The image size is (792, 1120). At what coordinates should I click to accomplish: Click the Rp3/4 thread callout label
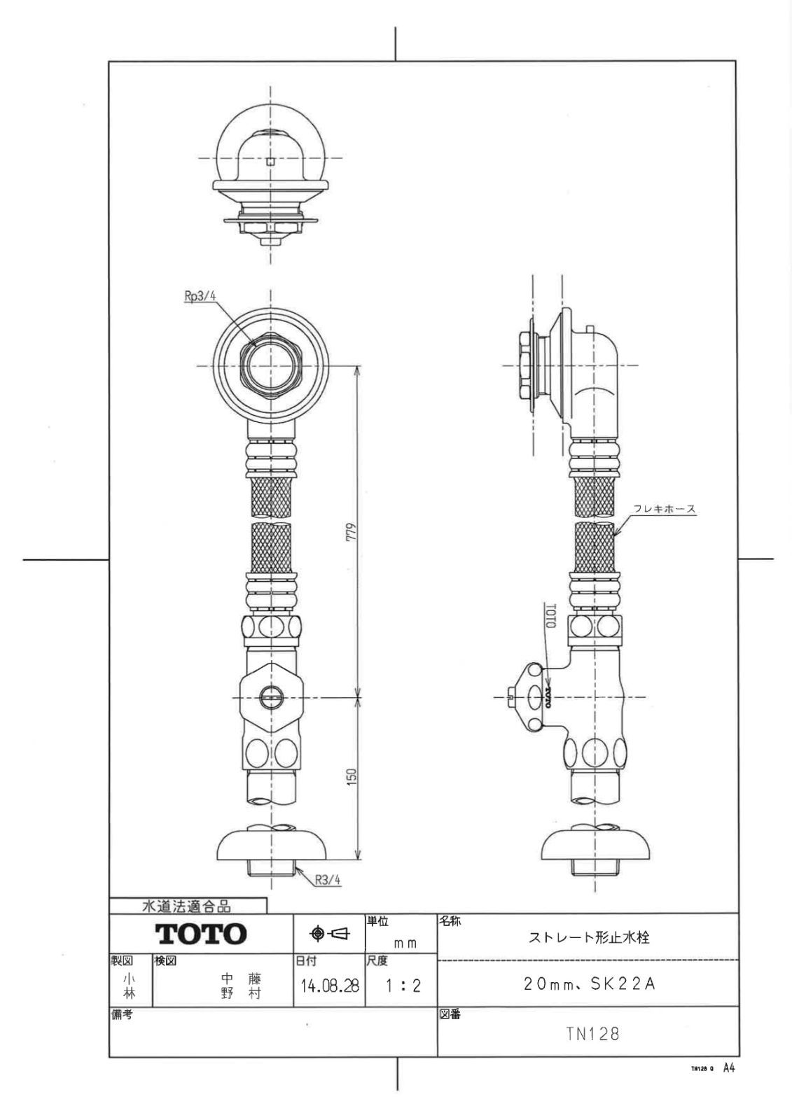point(200,297)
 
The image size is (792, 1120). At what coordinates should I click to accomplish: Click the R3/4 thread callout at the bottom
point(327,881)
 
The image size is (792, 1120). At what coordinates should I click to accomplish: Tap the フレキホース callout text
point(665,509)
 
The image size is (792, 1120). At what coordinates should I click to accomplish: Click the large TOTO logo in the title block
point(201,933)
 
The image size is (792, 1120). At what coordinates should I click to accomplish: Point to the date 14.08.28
point(330,986)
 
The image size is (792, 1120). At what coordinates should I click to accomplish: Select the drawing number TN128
point(592,1034)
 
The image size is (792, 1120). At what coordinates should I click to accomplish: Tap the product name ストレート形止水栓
point(589,937)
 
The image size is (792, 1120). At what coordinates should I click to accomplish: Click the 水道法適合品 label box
point(187,906)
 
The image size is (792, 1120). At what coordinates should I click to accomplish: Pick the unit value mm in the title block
point(405,944)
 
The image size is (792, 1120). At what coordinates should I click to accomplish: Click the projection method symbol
point(328,933)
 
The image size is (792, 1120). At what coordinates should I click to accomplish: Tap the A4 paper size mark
point(729,1068)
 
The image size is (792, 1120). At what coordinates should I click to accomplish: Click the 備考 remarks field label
point(122,1014)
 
